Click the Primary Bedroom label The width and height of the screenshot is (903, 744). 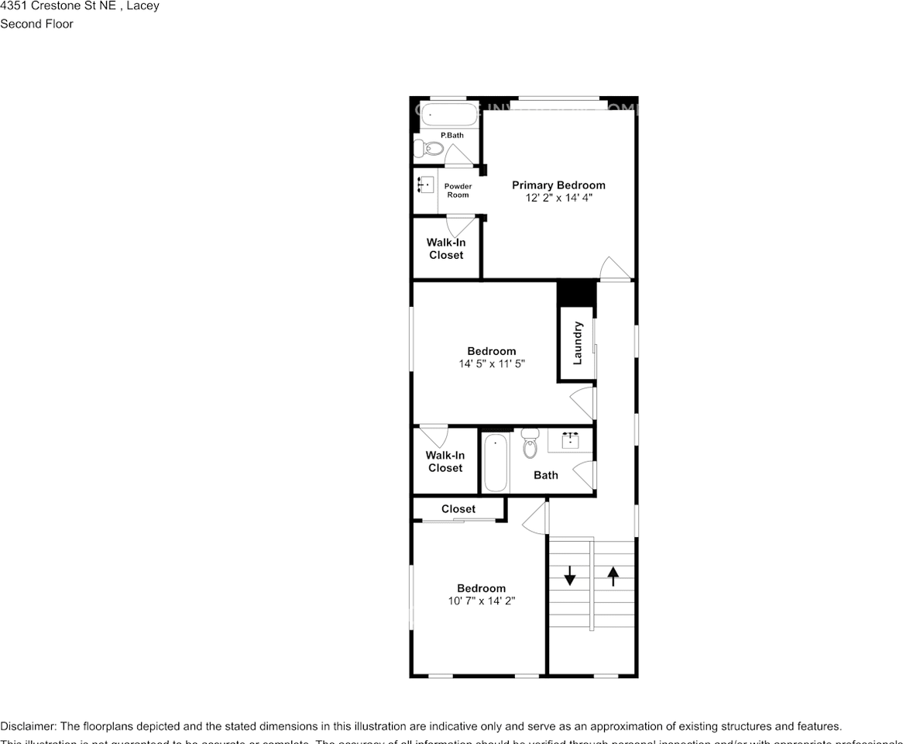[x=558, y=185]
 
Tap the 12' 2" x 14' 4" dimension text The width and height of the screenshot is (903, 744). [x=558, y=198]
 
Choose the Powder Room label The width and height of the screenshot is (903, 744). [x=458, y=191]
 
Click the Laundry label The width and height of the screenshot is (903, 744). [x=577, y=343]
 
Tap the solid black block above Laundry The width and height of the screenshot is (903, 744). [x=576, y=293]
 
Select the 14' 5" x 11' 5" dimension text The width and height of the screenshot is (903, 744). [x=492, y=363]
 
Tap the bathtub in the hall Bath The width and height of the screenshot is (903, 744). [x=496, y=463]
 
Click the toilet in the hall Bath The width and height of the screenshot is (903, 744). [x=530, y=444]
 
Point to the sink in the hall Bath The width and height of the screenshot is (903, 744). [x=571, y=440]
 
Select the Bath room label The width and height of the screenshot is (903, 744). [x=546, y=475]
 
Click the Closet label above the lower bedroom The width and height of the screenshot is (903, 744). [x=458, y=509]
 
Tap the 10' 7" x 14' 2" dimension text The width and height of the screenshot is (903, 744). [x=481, y=601]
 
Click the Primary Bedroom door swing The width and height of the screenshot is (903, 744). [x=612, y=267]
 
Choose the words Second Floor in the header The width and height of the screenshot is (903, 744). [x=36, y=24]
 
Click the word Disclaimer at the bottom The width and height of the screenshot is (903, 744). [x=28, y=727]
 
